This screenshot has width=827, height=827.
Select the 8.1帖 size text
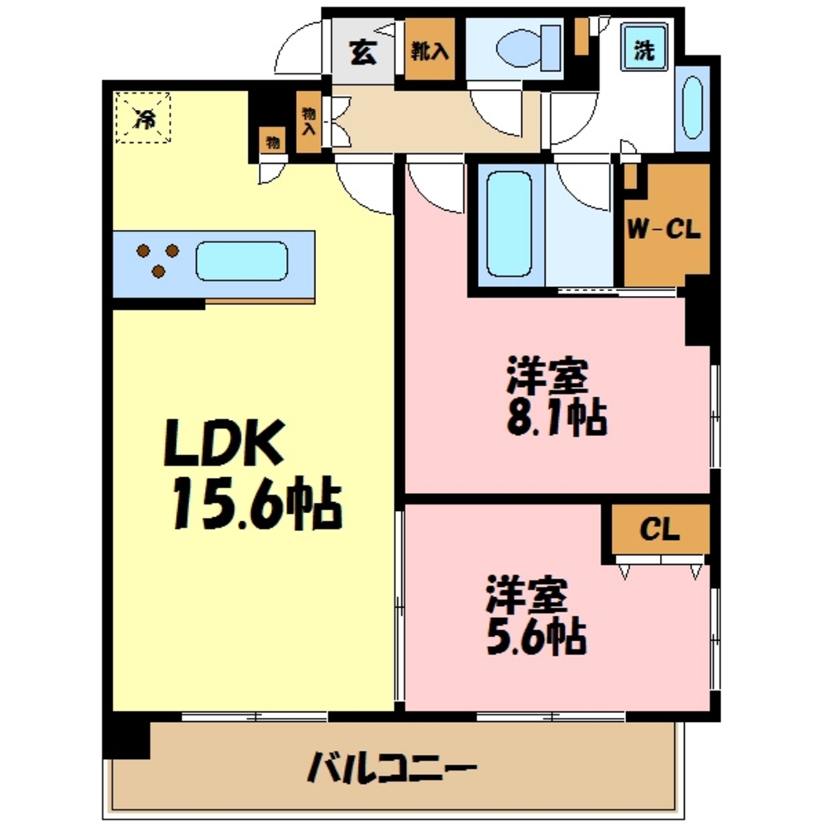556,419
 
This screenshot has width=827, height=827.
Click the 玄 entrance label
362,52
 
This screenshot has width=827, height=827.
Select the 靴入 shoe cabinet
429,52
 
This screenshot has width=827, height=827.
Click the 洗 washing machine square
644,49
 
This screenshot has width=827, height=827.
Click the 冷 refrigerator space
143,118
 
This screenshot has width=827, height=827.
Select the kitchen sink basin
241,261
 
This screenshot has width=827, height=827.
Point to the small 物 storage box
270,141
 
